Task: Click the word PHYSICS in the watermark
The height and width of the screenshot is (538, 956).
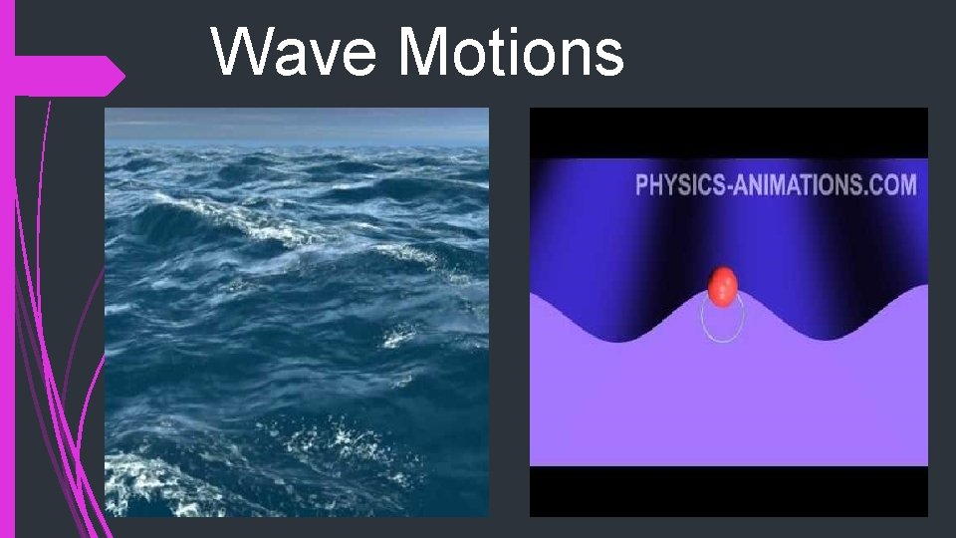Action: click(x=685, y=185)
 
